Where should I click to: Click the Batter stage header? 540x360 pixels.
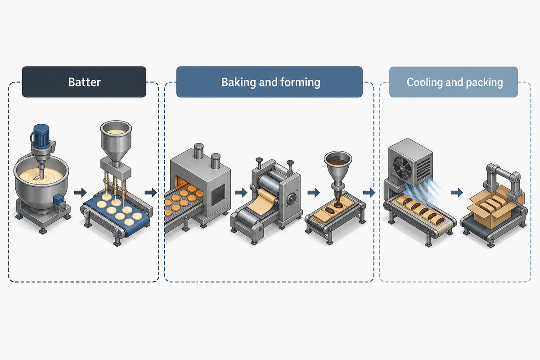point(84,82)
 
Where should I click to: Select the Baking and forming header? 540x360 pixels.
point(270,82)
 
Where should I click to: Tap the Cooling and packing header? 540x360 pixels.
point(454,82)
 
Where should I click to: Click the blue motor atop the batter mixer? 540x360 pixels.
point(41,136)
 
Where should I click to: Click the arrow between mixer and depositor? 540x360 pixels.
point(80,193)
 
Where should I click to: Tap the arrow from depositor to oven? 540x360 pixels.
point(151,193)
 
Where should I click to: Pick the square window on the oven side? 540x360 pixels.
point(218,194)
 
